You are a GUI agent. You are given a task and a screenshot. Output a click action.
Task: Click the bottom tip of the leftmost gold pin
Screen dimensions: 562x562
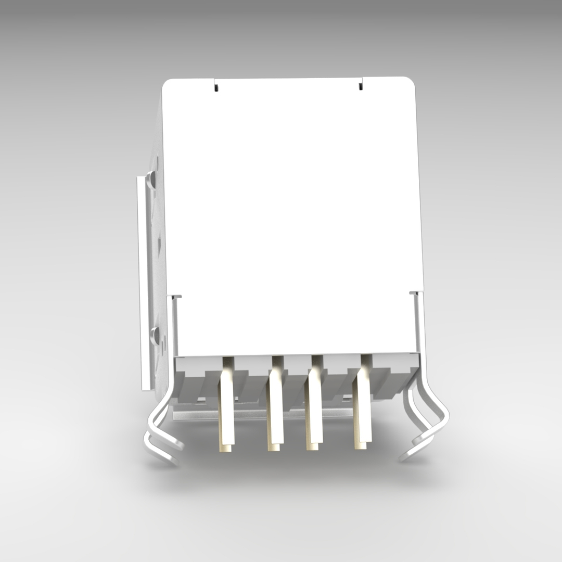coord(227,447)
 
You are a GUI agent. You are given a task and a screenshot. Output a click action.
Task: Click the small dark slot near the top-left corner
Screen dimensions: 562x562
coord(215,87)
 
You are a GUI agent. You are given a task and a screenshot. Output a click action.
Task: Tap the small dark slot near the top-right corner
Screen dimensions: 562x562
coord(360,86)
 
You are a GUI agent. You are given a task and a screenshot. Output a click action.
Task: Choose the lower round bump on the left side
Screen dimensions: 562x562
coord(154,335)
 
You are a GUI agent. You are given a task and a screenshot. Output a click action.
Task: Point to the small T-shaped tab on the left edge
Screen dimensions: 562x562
coord(176,297)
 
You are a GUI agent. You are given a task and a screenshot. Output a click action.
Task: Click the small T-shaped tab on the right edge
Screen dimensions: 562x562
coord(414,295)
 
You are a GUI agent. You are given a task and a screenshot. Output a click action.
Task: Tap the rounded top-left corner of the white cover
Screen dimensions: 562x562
coord(168,85)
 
